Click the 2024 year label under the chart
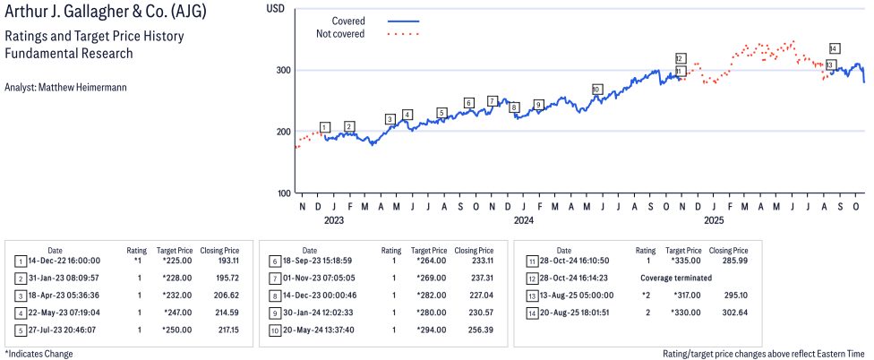point(523,219)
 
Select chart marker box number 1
point(324,127)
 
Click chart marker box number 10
point(597,90)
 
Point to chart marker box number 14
point(835,48)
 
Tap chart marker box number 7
point(493,100)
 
